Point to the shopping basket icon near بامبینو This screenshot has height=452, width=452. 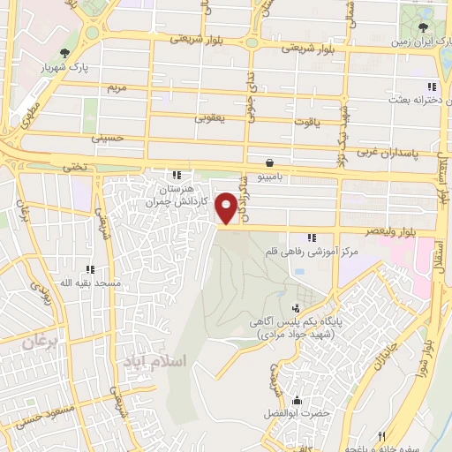(x=268, y=162)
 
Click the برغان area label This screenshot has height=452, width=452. (x=41, y=342)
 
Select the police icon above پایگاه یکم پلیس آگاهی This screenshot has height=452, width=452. (x=295, y=309)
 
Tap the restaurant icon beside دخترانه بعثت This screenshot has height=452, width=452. (x=431, y=87)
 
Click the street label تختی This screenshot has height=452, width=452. (x=74, y=165)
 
